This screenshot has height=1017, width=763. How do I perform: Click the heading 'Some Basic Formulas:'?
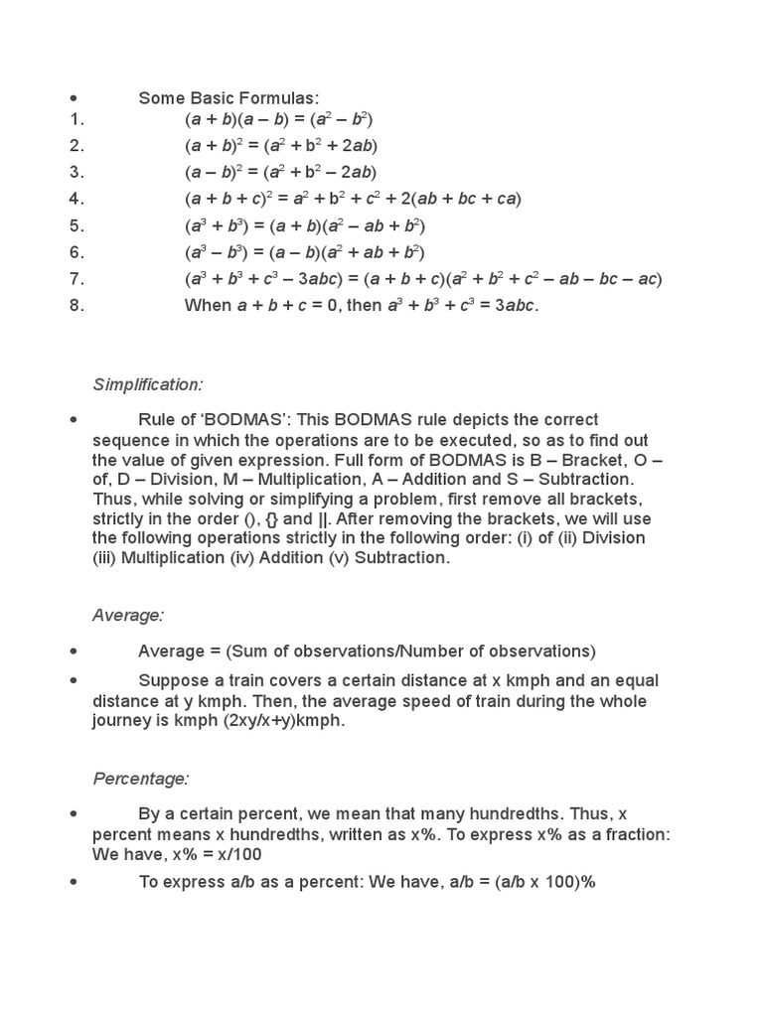[x=229, y=97]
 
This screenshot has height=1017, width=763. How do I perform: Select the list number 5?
[x=76, y=225]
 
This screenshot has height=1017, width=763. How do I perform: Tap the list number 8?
[x=76, y=305]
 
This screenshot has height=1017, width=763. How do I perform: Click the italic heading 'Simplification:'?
[x=147, y=384]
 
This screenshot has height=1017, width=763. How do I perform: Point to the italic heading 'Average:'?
[x=128, y=616]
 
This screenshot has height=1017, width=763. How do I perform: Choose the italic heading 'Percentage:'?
[x=141, y=778]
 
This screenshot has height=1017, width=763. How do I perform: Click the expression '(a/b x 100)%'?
[x=545, y=881]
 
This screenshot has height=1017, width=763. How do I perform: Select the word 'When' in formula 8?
[x=208, y=305]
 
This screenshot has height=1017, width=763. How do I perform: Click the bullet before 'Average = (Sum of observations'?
[x=74, y=652]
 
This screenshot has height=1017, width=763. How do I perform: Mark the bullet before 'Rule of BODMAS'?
[x=74, y=420]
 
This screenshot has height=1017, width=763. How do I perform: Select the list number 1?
[x=76, y=119]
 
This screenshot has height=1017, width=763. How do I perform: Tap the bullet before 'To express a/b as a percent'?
[x=74, y=881]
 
